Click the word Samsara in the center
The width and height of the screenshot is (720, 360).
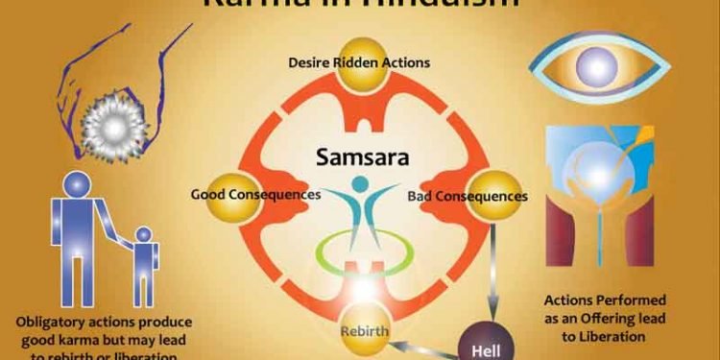point(360,156)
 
